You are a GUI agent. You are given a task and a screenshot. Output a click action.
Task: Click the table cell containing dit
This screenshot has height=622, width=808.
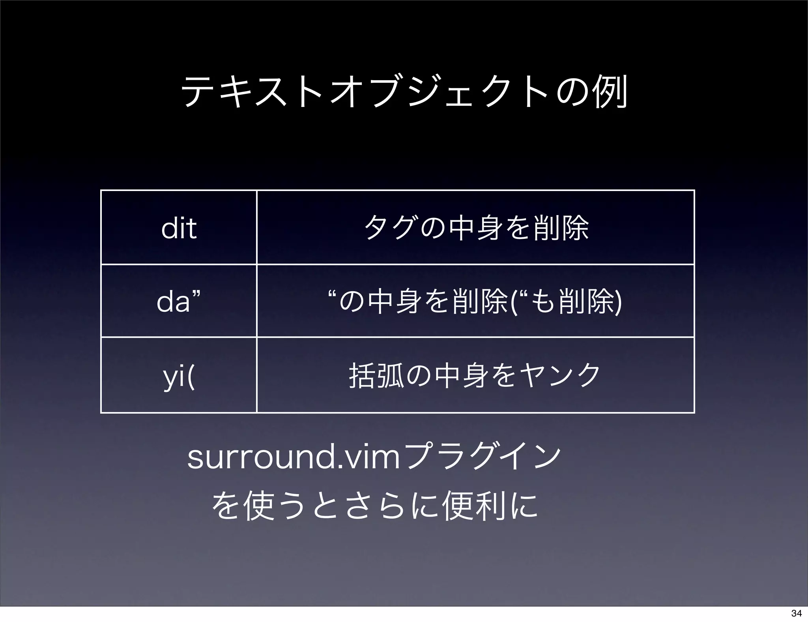[179, 228]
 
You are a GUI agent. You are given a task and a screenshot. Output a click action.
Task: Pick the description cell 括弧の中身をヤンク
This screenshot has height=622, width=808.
[475, 375]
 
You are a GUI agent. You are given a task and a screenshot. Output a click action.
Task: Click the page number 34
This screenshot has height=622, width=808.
[796, 613]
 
